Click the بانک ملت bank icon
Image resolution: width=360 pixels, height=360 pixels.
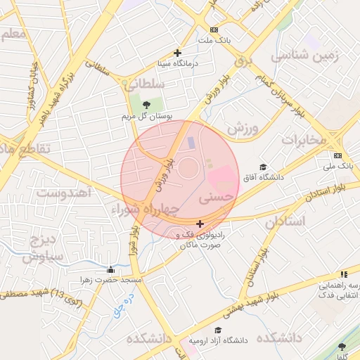tap(214, 30)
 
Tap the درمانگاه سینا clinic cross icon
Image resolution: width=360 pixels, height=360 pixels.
tap(177, 53)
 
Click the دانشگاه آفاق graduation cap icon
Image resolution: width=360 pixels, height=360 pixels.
tap(263, 167)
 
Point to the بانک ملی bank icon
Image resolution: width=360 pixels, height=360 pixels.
tap(338, 155)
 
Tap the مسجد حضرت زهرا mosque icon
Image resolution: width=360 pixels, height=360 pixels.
tap(110, 269)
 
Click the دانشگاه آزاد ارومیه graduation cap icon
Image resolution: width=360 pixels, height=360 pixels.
tap(218, 330)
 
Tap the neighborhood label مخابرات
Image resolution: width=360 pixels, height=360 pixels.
tap(304, 140)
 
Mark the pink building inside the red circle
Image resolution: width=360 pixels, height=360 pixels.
tap(223, 175)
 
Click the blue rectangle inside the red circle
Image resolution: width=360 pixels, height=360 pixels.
tap(191, 143)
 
